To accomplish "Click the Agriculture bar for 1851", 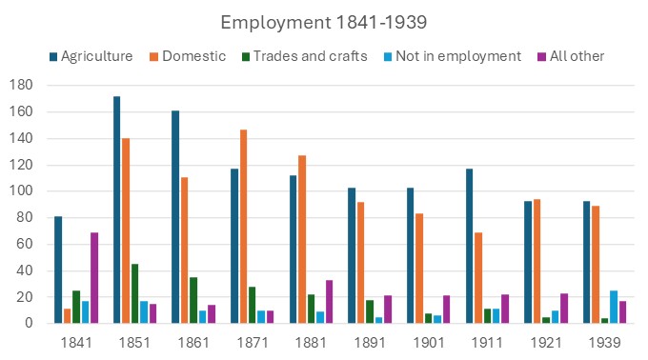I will point(116,210).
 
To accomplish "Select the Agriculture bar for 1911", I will point(469,246).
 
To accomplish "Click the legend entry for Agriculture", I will point(91,56).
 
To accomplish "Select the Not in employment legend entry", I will point(457,56).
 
